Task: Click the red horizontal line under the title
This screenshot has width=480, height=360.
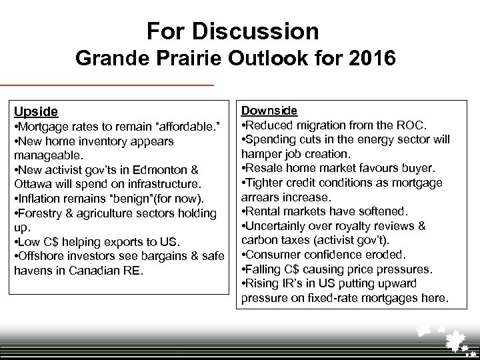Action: (x=107, y=85)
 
